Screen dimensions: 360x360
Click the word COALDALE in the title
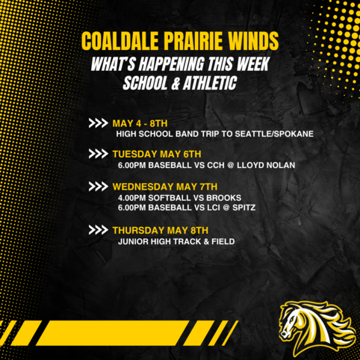(120, 41)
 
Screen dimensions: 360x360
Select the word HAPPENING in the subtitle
(171, 64)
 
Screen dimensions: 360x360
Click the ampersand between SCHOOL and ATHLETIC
(176, 84)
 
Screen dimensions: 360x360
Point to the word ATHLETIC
(210, 83)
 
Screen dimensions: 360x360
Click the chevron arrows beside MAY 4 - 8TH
(98, 123)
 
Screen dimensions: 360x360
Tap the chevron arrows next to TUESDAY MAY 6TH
(98, 154)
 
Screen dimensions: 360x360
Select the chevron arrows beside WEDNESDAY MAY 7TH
(98, 187)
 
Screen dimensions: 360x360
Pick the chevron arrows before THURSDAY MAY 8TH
(98, 230)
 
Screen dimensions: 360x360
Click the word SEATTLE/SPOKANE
(274, 134)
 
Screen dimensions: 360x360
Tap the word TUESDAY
(134, 154)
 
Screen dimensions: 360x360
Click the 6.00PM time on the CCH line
(131, 165)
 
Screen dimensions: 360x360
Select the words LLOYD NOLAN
(266, 165)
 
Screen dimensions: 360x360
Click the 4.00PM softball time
(131, 198)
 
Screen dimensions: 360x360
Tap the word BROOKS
(224, 198)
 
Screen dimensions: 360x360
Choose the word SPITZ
(244, 208)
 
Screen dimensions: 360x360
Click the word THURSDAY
(138, 230)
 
